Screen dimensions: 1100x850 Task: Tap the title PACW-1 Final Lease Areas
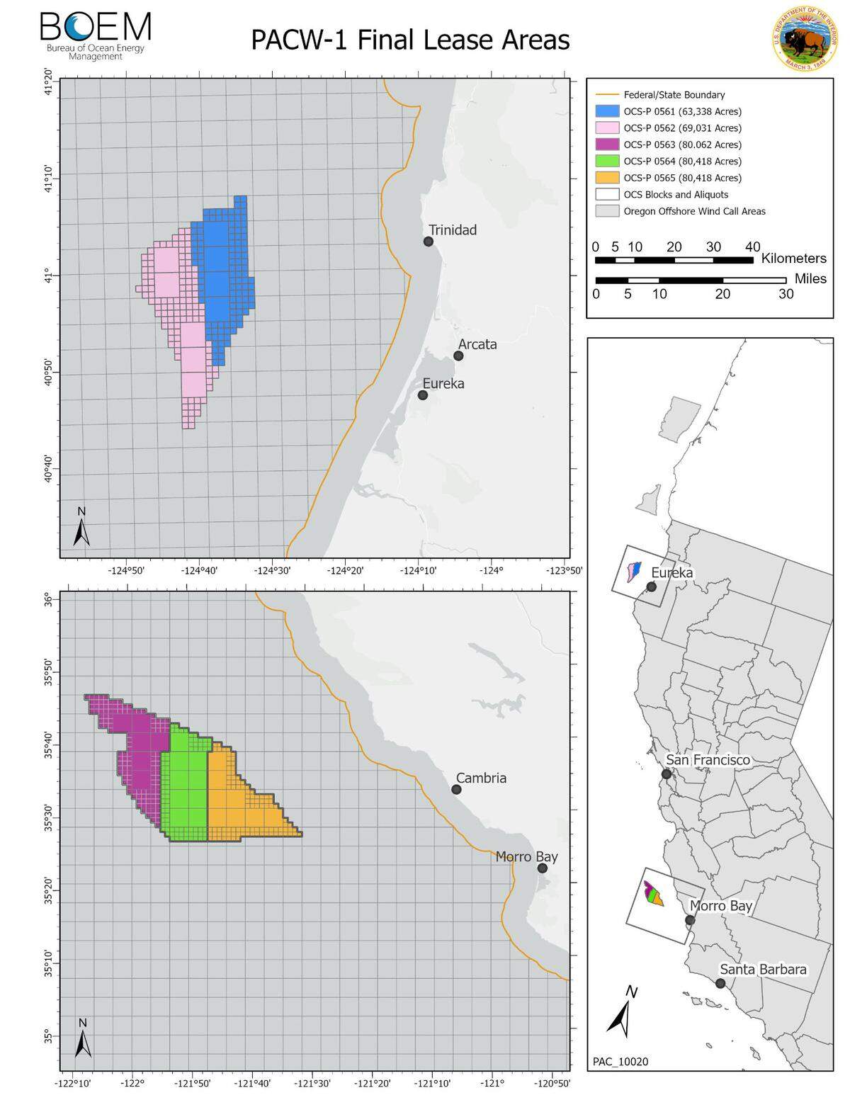coord(410,40)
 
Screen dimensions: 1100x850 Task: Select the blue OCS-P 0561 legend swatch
coord(606,111)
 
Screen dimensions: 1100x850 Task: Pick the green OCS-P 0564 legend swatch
coord(606,161)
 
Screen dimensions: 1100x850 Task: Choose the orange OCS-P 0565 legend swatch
coord(606,178)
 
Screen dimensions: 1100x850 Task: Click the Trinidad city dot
coord(429,242)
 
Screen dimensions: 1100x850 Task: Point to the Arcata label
coord(477,344)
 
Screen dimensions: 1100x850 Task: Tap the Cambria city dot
coord(456,789)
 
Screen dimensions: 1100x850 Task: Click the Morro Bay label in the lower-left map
coord(526,856)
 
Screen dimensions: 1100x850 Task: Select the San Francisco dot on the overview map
coord(667,773)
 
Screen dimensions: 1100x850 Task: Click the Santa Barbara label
coord(763,970)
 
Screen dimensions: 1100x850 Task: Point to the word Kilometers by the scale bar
coord(794,259)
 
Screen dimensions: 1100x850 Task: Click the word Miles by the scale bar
coord(810,278)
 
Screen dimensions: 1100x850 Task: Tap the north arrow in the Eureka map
coord(81,527)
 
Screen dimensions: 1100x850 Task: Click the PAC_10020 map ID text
coord(620,1061)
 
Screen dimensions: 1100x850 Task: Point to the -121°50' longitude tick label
coord(193,1083)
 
